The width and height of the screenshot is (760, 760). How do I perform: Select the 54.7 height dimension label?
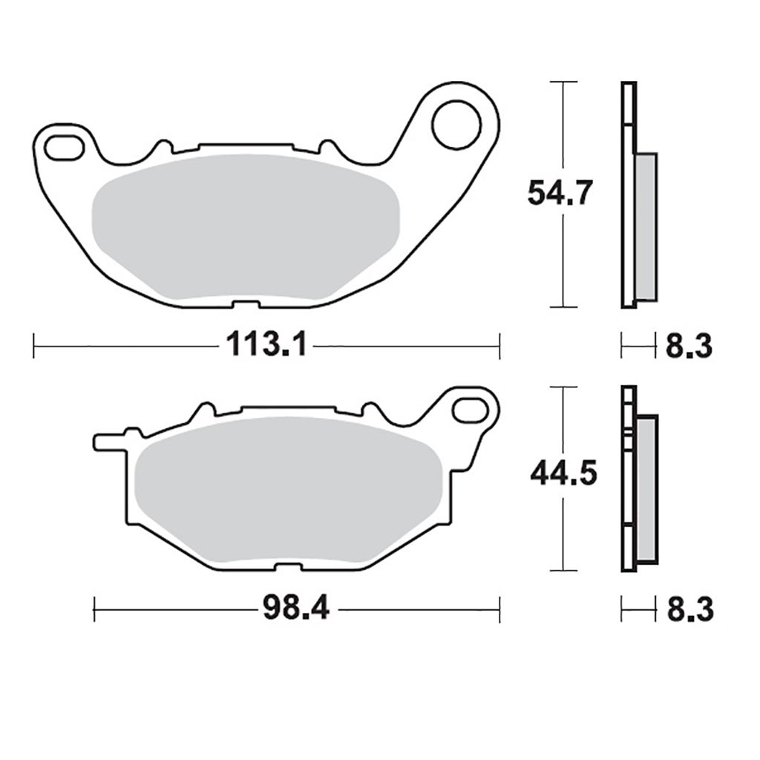tap(560, 192)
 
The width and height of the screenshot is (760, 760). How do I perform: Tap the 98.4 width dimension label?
tap(296, 609)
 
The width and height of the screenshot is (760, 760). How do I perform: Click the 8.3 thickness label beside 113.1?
tap(689, 346)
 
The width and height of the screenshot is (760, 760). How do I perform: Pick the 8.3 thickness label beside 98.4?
tap(690, 609)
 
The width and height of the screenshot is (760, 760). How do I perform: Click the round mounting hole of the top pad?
tap(456, 125)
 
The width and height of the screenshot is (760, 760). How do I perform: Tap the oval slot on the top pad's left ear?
tap(64, 148)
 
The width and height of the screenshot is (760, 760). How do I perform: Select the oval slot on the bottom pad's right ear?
tap(470, 409)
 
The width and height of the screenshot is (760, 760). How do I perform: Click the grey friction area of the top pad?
tap(245, 226)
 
